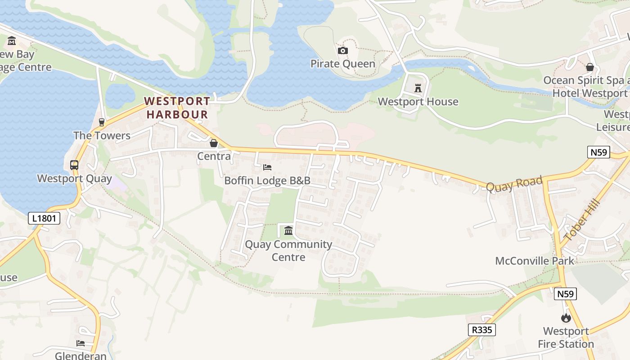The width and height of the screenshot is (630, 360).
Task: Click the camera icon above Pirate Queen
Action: coord(343,50)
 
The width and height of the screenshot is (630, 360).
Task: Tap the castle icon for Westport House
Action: coord(418,88)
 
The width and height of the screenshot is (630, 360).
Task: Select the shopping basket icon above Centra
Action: coord(214,143)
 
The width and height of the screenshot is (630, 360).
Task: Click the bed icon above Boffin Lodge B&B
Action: coord(267,167)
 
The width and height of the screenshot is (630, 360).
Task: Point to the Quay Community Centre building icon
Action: coord(288,231)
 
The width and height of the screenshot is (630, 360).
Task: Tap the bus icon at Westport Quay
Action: coord(74,165)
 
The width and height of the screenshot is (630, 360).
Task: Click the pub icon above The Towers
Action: coord(102,122)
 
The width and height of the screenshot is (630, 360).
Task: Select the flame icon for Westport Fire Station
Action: coord(566,318)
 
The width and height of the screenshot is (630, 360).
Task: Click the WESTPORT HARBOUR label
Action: coord(177,108)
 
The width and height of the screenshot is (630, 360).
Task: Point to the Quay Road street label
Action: coord(514,184)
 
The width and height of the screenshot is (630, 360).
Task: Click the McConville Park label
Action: coord(535,261)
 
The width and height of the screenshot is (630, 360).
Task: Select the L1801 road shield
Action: coord(44,219)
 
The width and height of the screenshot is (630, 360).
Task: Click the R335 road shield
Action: coord(481,330)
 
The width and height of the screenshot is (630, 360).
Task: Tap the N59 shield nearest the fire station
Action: coord(565,294)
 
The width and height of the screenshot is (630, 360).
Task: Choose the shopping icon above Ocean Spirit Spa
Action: coord(590,67)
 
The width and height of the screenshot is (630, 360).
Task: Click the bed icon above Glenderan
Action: coord(81,343)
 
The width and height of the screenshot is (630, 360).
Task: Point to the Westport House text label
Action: coord(418,102)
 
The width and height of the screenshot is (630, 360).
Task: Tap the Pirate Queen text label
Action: coord(343,64)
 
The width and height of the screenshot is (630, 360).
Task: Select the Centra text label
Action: coord(214,157)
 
